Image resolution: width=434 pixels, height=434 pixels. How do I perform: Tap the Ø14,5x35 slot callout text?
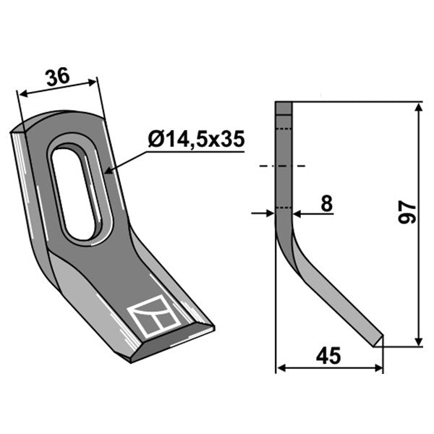(x=197, y=139)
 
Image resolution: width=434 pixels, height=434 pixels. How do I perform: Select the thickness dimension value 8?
(x=327, y=203)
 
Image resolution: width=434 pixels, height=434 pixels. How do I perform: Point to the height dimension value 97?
(x=407, y=212)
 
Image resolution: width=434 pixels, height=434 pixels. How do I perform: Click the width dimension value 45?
(x=328, y=356)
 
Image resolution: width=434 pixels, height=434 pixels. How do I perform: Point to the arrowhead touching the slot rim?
(x=109, y=171)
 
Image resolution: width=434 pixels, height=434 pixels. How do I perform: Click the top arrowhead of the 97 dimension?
(x=419, y=107)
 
